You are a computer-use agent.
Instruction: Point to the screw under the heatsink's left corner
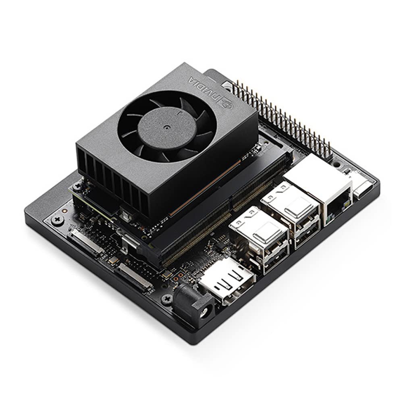tap(77, 185)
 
